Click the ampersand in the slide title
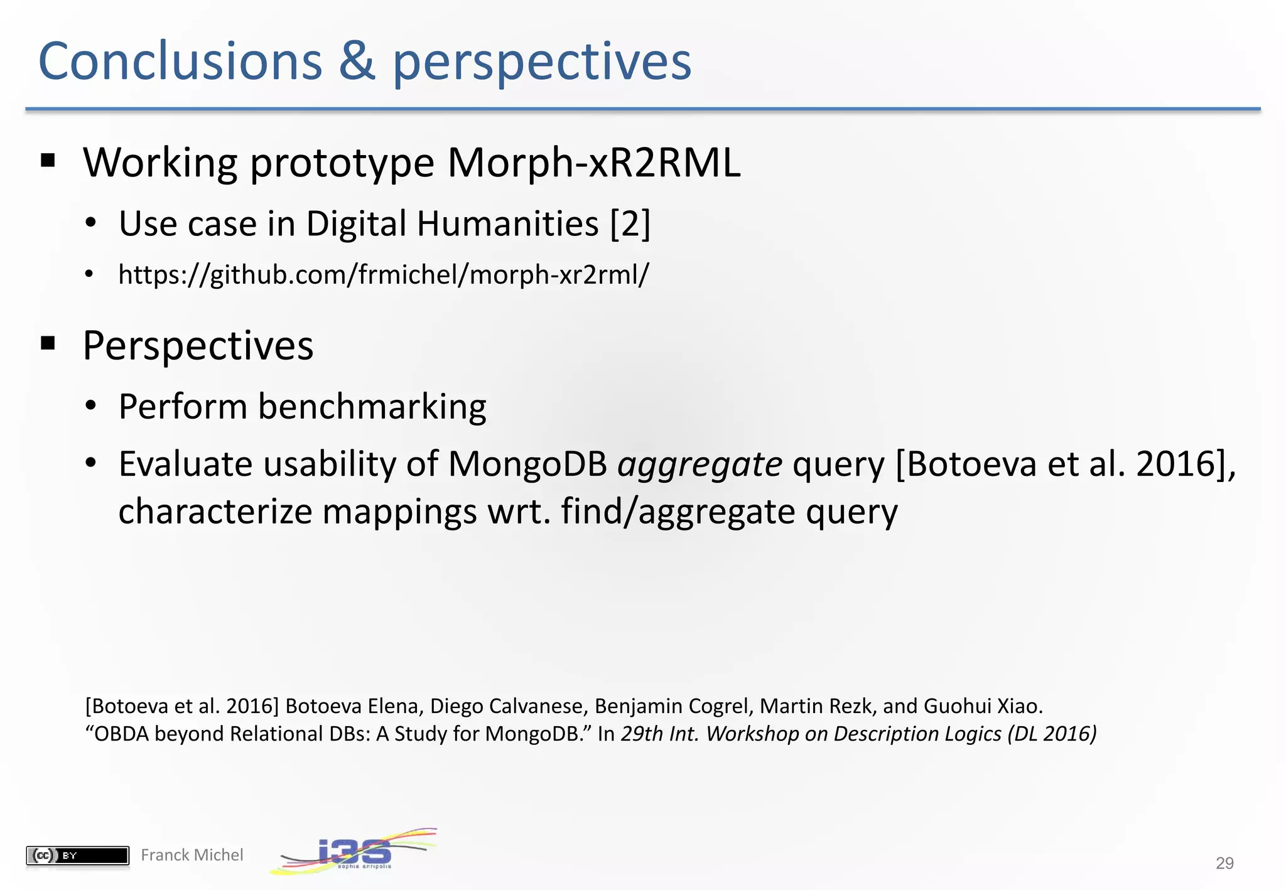[357, 62]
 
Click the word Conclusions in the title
[180, 62]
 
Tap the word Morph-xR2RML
[593, 163]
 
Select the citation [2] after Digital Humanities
[630, 224]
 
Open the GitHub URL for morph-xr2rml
[383, 275]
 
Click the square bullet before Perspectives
[48, 343]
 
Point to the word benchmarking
[372, 407]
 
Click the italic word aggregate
[700, 464]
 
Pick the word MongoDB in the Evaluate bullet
[527, 464]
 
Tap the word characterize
[215, 512]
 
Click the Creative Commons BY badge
[77, 855]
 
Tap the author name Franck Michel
[192, 855]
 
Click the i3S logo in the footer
[354, 852]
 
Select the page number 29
[1224, 864]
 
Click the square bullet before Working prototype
[48, 161]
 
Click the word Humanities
[507, 224]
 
